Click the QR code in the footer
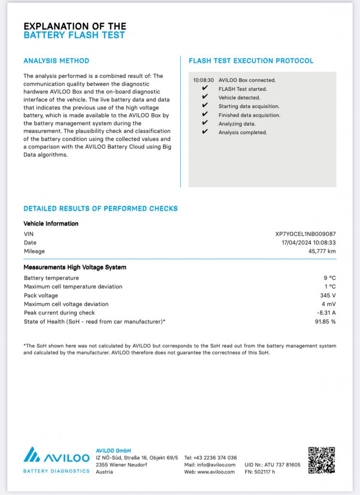coord(322,461)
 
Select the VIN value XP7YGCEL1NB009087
coord(305,234)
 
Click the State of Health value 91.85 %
coord(325,321)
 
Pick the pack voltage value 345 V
coord(328,295)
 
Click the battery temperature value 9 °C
coord(330,278)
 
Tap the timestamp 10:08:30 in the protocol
coord(203,80)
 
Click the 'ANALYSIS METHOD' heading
coord(56,61)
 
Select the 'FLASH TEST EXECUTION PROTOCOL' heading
coord(251,61)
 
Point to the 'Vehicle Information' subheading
coord(51,224)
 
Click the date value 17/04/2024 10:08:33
coord(309,243)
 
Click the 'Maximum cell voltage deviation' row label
coord(66,304)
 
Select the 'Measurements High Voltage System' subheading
coord(75,267)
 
